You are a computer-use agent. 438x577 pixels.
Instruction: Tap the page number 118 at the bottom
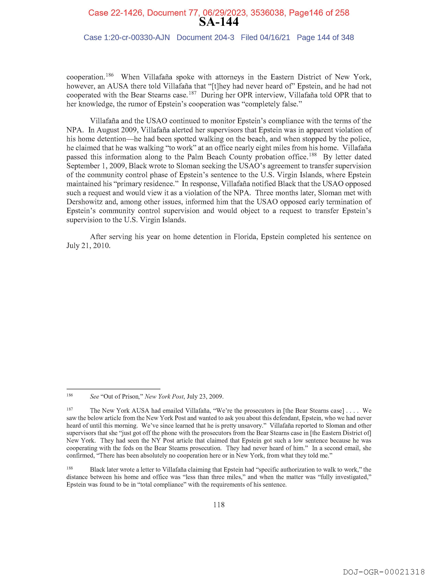coord(219,512)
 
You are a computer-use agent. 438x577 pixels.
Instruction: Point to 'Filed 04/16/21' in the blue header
coord(265,38)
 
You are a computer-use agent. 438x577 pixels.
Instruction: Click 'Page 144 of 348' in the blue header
coord(325,38)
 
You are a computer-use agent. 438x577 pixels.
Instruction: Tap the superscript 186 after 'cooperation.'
coord(110,75)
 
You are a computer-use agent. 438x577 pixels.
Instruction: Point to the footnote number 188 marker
coord(70,468)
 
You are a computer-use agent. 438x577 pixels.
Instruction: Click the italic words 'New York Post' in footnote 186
coord(164,397)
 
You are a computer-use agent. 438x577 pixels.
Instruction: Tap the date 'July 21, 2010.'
coord(88,246)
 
